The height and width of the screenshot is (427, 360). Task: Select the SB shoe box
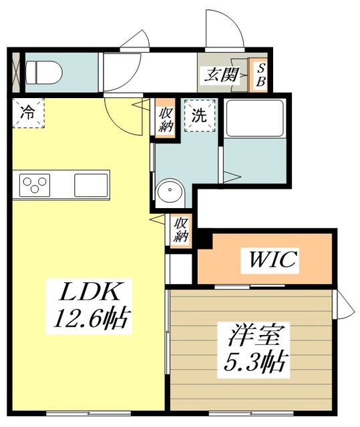260,75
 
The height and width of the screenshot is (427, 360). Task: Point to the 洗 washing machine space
200,114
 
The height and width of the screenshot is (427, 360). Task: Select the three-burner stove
35,183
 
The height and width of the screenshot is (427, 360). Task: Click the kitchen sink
91,183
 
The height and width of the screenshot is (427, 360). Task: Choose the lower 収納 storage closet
181,231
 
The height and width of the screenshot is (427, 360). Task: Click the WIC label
273,259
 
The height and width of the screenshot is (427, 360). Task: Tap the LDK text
85,292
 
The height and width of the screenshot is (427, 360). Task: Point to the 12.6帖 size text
87,320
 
